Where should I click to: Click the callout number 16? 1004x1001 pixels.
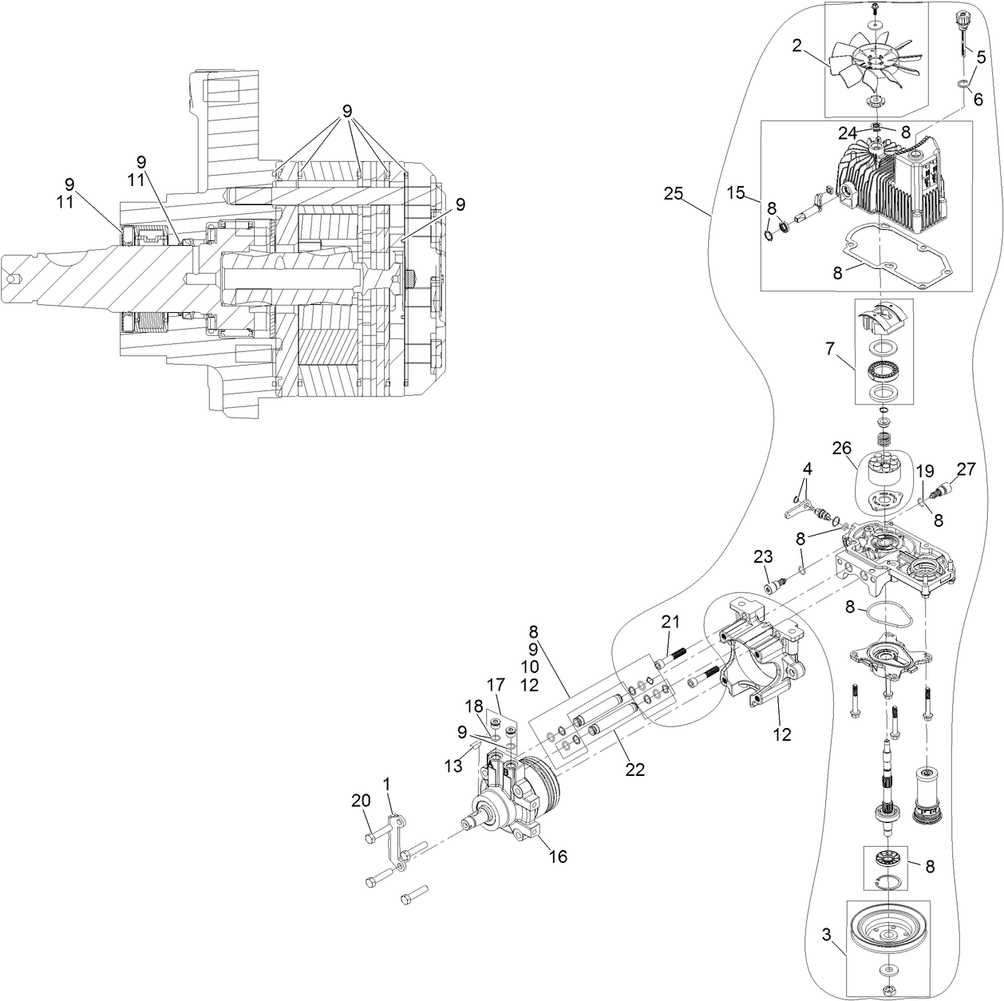pyautogui.click(x=558, y=857)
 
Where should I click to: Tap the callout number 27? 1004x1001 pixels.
pyautogui.click(x=966, y=470)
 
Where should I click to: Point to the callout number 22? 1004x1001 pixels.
pyautogui.click(x=634, y=769)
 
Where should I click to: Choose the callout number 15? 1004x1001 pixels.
pyautogui.click(x=735, y=192)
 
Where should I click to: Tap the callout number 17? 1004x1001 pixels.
pyautogui.click(x=496, y=684)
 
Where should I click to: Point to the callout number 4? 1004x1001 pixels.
pyautogui.click(x=807, y=468)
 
